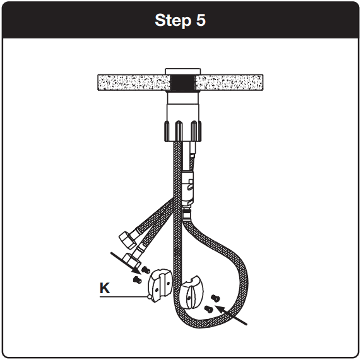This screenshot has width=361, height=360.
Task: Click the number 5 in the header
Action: pyautogui.click(x=199, y=20)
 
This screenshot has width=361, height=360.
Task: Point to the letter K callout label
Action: pyautogui.click(x=105, y=289)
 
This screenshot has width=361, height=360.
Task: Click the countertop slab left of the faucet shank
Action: pyautogui.click(x=129, y=82)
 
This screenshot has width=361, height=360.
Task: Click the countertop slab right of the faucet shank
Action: pyautogui.click(x=230, y=82)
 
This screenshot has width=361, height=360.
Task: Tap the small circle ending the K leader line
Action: pyautogui.click(x=150, y=296)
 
